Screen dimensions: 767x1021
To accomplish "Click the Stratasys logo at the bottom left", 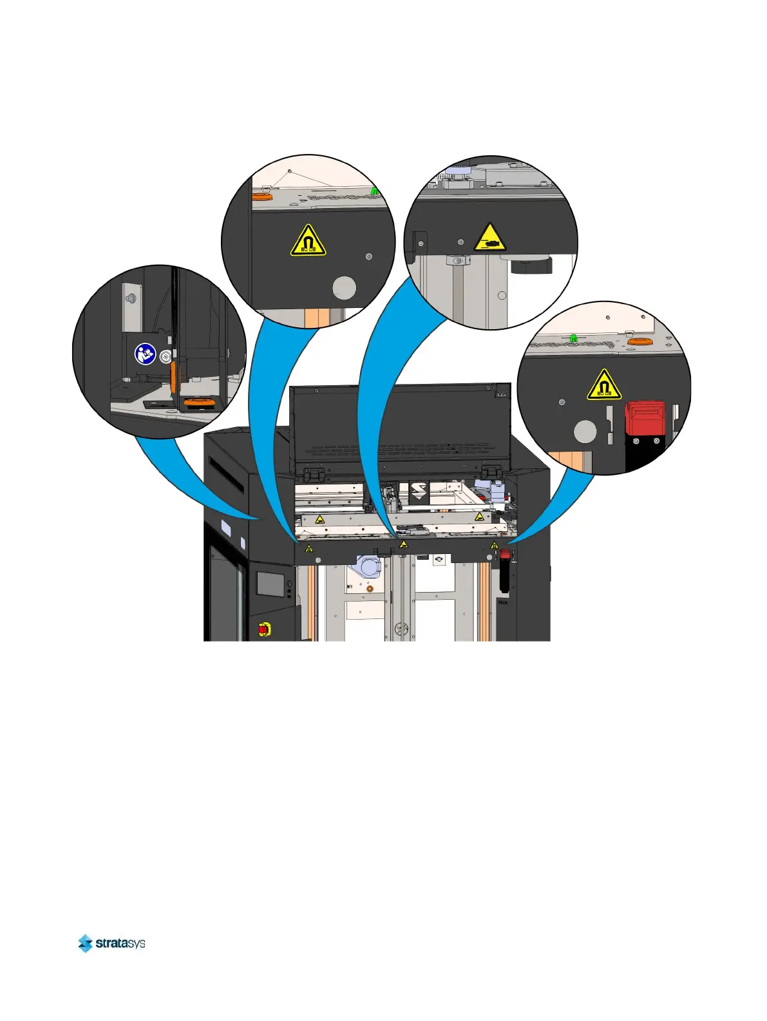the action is (x=111, y=943).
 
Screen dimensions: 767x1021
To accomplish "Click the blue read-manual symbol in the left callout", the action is (x=146, y=354).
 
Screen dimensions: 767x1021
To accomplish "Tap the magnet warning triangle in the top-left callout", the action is (x=308, y=241).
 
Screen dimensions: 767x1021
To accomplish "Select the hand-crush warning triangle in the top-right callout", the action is (x=490, y=238).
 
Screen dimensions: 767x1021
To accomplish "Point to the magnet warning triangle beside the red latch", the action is (x=603, y=385).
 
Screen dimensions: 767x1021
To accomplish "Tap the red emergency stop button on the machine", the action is (x=264, y=629).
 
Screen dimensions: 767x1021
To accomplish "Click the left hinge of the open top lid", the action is (x=315, y=475).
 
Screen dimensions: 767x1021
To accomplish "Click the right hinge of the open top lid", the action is (x=491, y=474).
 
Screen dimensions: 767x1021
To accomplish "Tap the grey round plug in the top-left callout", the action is (x=345, y=288).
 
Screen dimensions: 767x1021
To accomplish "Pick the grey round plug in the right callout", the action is (x=585, y=432).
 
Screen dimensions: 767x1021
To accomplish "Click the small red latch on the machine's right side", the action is (x=506, y=554).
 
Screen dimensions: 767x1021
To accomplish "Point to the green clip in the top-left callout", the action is (x=375, y=191).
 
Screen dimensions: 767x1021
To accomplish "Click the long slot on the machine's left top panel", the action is (x=226, y=473).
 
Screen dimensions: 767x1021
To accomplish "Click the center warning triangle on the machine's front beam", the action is (x=403, y=545).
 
